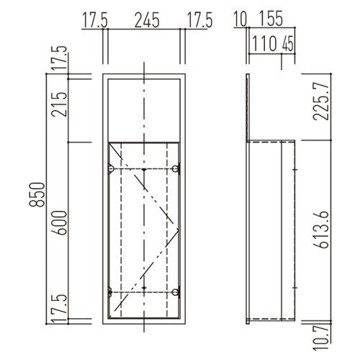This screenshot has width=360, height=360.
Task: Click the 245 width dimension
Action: tap(144, 21)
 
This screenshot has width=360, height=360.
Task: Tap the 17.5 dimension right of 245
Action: tap(199, 21)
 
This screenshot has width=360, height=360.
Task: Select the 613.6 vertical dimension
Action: tap(321, 229)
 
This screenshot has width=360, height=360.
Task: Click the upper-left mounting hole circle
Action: tap(111, 168)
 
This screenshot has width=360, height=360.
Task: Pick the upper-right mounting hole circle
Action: tap(177, 168)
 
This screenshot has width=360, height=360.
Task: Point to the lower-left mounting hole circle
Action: tap(111, 291)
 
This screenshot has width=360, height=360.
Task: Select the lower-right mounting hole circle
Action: tap(177, 291)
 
